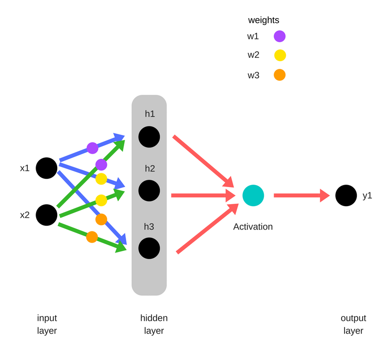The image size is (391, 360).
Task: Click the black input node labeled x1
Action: point(46,168)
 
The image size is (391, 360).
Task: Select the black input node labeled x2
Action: point(46,215)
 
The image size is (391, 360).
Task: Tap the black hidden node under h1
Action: point(149,137)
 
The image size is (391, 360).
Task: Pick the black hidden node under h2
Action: point(149,191)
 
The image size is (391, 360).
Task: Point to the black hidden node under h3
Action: point(149,248)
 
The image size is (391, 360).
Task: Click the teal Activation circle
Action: point(253,195)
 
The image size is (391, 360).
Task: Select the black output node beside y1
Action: point(346,195)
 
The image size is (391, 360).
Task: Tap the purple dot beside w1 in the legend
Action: point(280,36)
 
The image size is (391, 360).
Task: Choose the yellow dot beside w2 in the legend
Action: point(280,55)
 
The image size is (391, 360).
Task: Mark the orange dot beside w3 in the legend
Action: point(280,75)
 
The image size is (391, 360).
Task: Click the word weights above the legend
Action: point(263,21)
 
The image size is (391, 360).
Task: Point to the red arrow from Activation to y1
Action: point(301,195)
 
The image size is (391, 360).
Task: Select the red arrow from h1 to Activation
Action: point(203,161)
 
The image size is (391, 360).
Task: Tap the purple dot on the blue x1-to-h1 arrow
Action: point(92,148)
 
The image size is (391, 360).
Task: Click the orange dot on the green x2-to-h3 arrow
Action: point(92,237)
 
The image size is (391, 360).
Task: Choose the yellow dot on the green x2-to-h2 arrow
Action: point(101,200)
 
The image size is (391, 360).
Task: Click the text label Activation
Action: point(253,227)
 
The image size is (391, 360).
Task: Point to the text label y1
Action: point(368,195)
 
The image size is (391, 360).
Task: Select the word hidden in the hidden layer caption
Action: point(154,318)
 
